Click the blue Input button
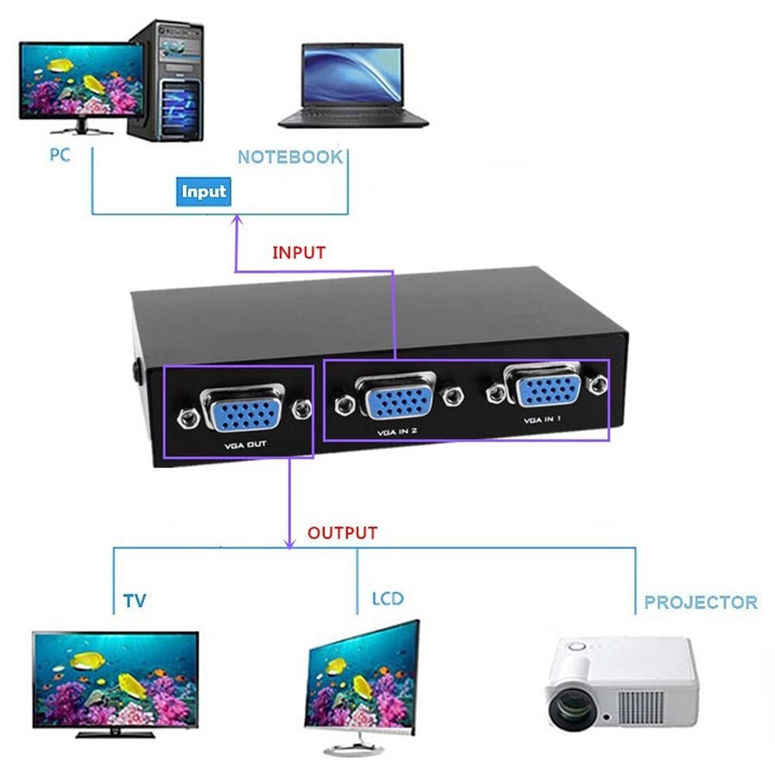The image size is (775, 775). pyautogui.click(x=203, y=191)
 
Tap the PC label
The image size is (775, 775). pyautogui.click(x=60, y=154)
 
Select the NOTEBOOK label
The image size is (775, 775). pyautogui.click(x=289, y=157)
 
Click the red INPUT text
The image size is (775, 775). pyautogui.click(x=298, y=253)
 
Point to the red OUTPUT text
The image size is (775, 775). pyautogui.click(x=342, y=533)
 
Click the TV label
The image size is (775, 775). pyautogui.click(x=134, y=601)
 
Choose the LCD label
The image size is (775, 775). pyautogui.click(x=387, y=599)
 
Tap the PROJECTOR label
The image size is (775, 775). pyautogui.click(x=701, y=602)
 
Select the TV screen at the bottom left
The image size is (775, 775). pyautogui.click(x=115, y=677)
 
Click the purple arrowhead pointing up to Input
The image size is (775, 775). pyautogui.click(x=236, y=222)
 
